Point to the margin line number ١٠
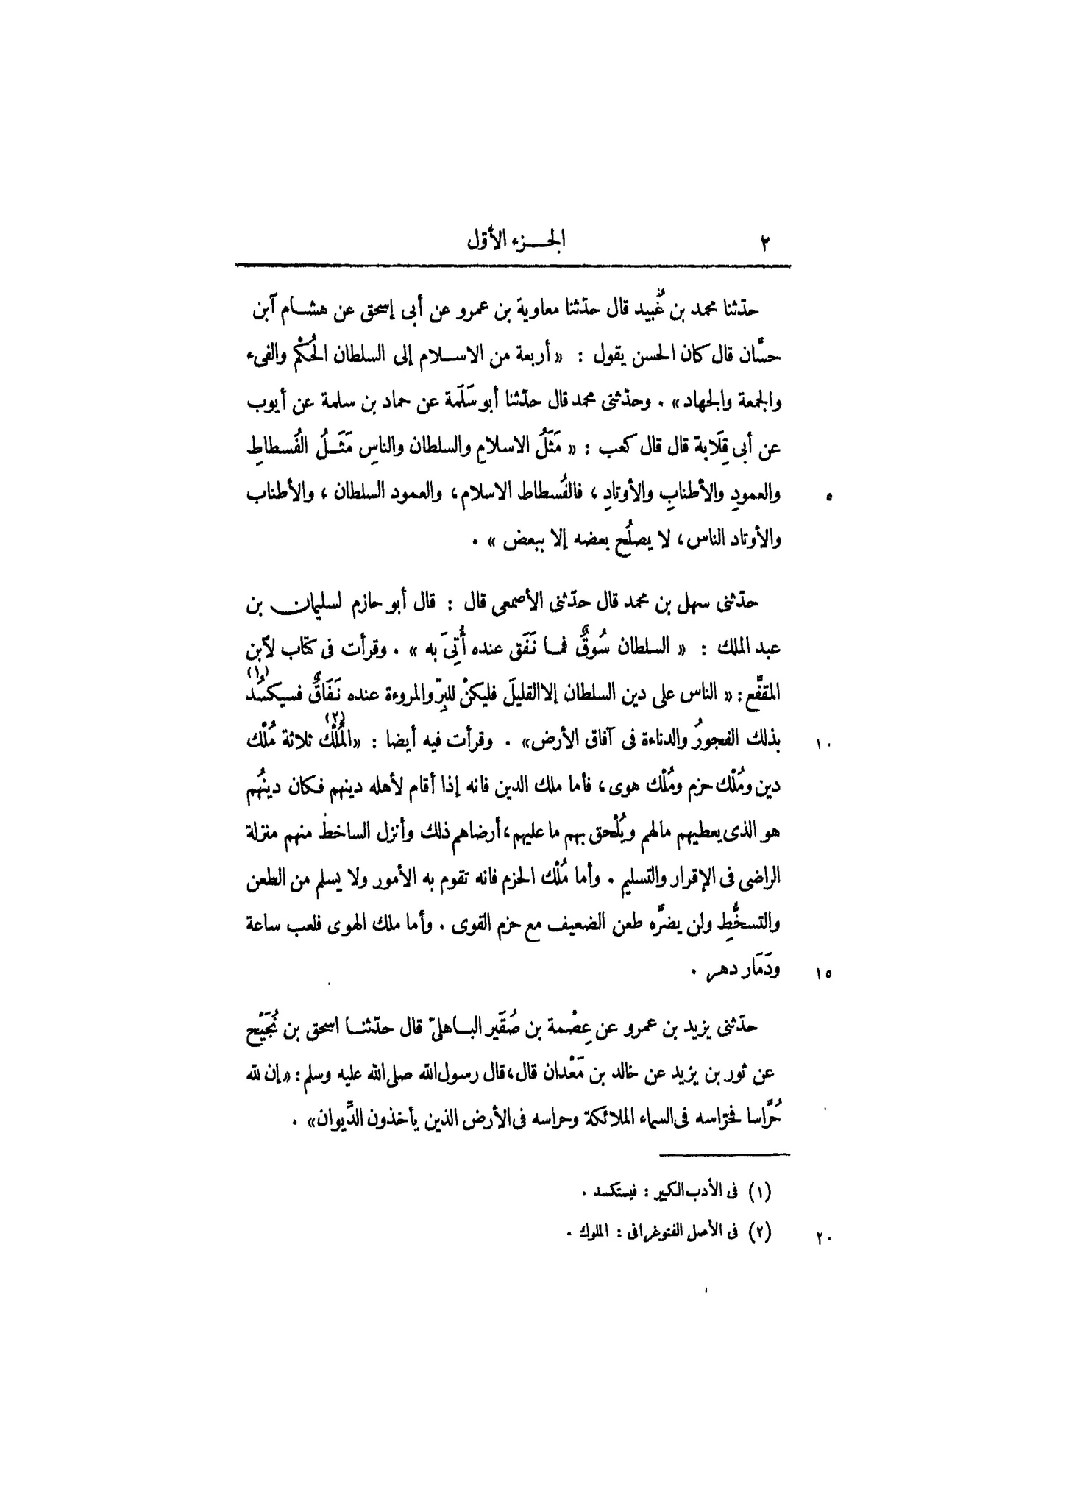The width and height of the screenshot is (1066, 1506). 823,745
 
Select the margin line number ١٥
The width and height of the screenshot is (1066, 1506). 823,976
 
